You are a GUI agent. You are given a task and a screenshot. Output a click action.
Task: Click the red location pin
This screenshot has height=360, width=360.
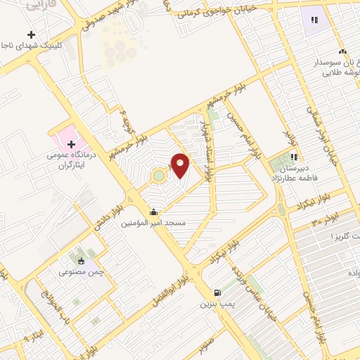(181, 165)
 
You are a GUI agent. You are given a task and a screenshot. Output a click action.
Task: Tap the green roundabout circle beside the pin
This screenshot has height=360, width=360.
(160, 175)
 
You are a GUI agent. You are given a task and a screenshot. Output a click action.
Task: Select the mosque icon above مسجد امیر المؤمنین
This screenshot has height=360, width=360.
(153, 212)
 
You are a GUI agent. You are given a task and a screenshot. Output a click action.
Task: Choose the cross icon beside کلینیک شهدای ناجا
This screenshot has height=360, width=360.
(31, 34)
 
